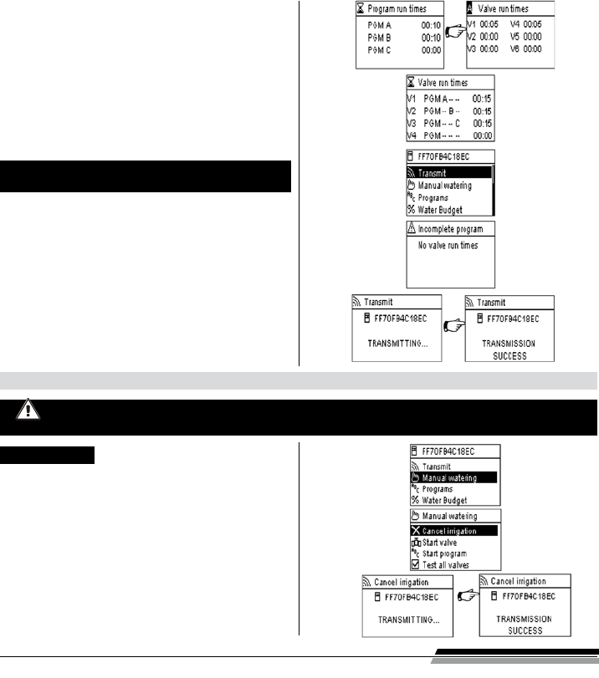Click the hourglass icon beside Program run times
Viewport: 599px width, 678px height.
(359, 8)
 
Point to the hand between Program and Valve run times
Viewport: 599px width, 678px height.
(454, 32)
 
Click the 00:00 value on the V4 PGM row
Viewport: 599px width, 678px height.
(482, 135)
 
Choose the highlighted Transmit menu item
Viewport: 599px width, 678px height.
(432, 173)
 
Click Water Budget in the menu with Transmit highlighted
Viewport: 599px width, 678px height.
(441, 209)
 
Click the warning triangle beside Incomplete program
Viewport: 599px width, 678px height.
(412, 228)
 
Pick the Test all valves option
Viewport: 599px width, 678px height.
(444, 565)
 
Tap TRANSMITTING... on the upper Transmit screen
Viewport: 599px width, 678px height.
(399, 343)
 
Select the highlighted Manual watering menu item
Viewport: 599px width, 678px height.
(450, 477)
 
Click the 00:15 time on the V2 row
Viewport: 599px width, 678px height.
(482, 110)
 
